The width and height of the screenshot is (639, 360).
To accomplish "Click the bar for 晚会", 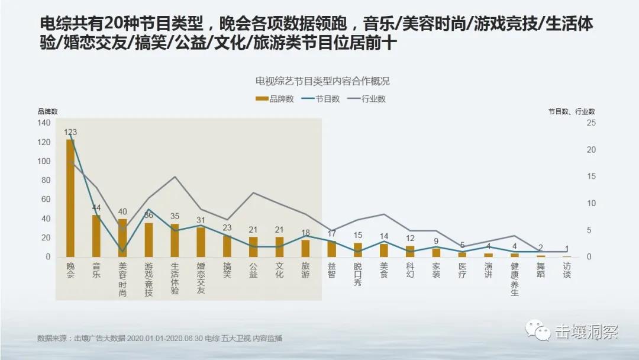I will (x=70, y=198).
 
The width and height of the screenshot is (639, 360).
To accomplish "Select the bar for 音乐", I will (x=96, y=236).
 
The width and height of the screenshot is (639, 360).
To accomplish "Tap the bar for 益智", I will (x=331, y=249).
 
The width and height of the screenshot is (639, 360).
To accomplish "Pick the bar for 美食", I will (x=384, y=250).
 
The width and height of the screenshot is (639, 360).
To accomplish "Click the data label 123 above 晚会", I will (x=70, y=132).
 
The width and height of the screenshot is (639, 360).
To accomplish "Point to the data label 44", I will (x=96, y=208).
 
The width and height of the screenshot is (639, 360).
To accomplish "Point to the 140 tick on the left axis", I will (x=44, y=123).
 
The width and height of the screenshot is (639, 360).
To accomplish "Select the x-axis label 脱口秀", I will (x=358, y=274).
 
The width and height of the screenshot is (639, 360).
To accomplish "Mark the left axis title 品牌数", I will (x=48, y=111).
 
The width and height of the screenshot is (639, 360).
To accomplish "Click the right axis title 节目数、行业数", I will (x=571, y=111).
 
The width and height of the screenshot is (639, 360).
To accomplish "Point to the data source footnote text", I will (x=160, y=339).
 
